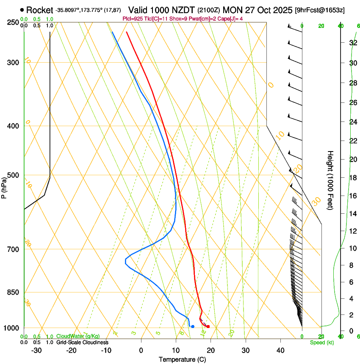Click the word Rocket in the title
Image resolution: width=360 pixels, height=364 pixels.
coord(39,10)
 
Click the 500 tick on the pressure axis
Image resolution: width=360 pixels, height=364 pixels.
coord(13,175)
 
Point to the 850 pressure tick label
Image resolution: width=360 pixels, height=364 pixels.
coord(13,292)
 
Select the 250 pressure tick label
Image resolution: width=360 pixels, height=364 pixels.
coord(13,22)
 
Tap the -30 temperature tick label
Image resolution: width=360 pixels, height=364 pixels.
coord(36,350)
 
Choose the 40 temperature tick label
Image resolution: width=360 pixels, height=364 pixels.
coord(280,350)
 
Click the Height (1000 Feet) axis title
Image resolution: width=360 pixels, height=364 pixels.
coord(330,180)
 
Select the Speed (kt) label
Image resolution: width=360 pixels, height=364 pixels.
coord(321,342)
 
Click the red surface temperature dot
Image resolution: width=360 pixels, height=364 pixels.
coord(208,326)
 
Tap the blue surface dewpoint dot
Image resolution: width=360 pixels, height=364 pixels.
coord(193,326)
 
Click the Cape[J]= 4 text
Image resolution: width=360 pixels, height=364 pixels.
coord(230,19)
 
